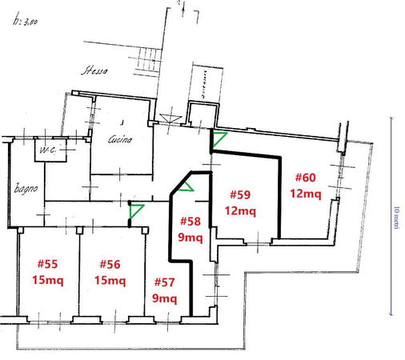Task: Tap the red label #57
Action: click(x=164, y=283)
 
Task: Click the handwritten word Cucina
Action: click(x=121, y=138)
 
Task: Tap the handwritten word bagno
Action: click(x=26, y=190)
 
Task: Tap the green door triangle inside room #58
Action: click(x=186, y=187)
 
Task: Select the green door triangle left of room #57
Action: click(x=137, y=211)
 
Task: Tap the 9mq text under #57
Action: click(x=164, y=298)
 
